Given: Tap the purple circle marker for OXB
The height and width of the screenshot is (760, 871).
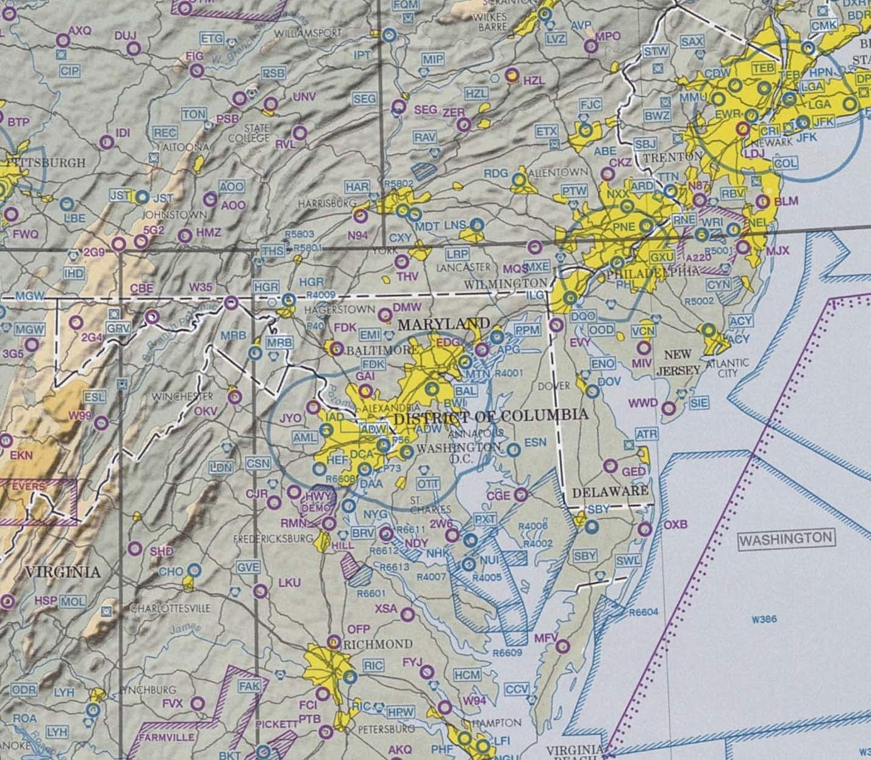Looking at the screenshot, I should pyautogui.click(x=645, y=529).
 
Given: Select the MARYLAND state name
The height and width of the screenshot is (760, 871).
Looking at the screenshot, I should pyautogui.click(x=443, y=324).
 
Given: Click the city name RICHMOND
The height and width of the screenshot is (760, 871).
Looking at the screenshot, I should pyautogui.click(x=378, y=645).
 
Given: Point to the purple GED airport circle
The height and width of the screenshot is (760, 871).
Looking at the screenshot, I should pyautogui.click(x=611, y=466).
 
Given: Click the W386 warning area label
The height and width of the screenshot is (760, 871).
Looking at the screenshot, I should pyautogui.click(x=764, y=619).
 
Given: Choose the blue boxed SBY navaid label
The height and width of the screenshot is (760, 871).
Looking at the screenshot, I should pyautogui.click(x=585, y=556).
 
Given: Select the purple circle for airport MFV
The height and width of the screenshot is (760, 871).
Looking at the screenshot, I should pyautogui.click(x=562, y=645).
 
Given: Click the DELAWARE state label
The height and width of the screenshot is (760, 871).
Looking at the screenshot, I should pyautogui.click(x=611, y=491).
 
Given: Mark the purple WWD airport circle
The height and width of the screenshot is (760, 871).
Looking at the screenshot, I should pyautogui.click(x=669, y=408).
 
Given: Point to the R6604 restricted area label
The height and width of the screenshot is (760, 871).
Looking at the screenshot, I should pyautogui.click(x=643, y=612).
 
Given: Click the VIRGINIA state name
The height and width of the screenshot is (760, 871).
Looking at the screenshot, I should pyautogui.click(x=62, y=572).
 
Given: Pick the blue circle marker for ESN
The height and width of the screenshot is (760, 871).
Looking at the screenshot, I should pyautogui.click(x=514, y=450).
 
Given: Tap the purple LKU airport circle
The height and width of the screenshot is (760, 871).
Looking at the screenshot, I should pyautogui.click(x=260, y=590).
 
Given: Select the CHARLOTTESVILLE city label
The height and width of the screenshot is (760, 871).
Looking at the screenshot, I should pyautogui.click(x=170, y=609).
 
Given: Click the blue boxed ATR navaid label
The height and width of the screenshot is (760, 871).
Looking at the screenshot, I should pyautogui.click(x=647, y=434).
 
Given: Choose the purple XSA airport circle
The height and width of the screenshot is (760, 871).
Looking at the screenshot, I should pyautogui.click(x=407, y=614).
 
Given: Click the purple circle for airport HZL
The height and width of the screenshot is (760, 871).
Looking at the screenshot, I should pyautogui.click(x=512, y=75).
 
